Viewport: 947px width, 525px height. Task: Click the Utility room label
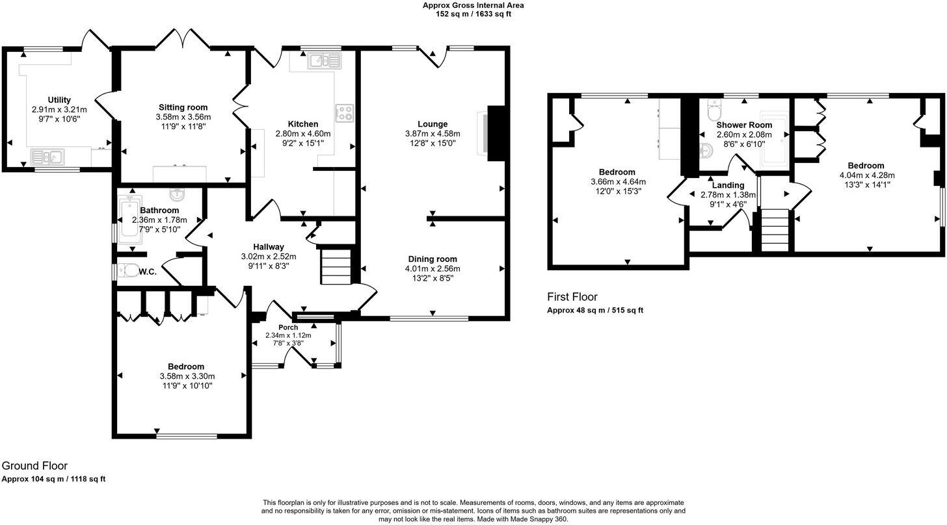(x=59, y=99)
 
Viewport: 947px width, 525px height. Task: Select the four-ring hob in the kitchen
(x=344, y=113)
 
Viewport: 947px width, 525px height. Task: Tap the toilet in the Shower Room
(x=714, y=105)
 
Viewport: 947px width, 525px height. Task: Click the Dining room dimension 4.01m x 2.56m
(x=433, y=269)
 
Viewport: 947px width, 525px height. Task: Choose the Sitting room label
(x=183, y=107)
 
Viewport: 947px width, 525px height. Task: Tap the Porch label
(x=288, y=327)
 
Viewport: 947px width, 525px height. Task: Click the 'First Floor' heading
(x=572, y=297)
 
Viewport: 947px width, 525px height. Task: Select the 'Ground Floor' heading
(x=34, y=466)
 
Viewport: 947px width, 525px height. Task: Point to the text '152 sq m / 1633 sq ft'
(x=473, y=14)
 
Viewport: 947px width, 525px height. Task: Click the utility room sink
(x=47, y=156)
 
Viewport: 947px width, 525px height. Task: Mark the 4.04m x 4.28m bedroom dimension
(x=868, y=175)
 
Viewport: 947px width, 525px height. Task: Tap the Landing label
(x=728, y=185)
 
